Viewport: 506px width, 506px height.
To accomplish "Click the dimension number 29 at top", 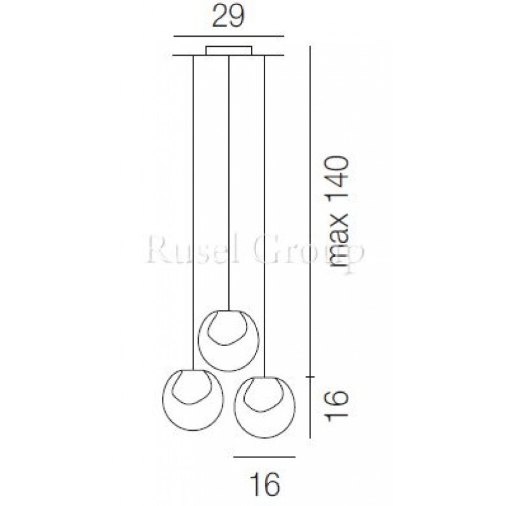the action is tap(228, 16).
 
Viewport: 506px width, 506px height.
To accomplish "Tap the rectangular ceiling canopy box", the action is tap(229, 51).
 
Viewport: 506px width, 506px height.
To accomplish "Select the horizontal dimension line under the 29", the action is tap(228, 36).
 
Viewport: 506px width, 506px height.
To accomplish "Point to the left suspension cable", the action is tap(193, 213).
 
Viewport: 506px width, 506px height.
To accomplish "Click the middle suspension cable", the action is tap(229, 183).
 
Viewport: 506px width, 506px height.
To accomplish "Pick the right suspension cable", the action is tap(264, 216).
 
